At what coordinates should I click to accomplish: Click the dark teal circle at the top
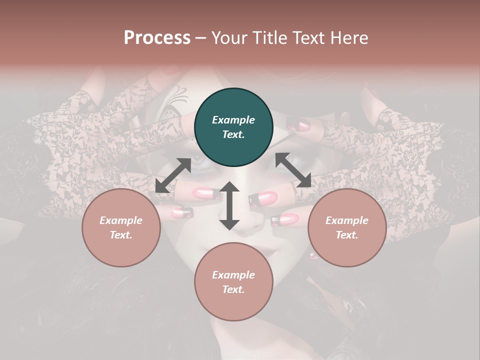click(233, 127)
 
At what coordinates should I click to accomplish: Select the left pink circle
click(121, 227)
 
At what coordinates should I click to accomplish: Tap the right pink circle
click(347, 227)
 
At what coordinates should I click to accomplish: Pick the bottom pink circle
click(233, 282)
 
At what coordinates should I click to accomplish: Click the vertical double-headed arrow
click(229, 205)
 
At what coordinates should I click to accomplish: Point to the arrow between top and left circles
click(173, 175)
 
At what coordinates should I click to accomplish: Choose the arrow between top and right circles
click(293, 170)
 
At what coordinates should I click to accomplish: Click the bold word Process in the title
click(157, 37)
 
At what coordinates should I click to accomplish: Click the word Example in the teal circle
click(233, 120)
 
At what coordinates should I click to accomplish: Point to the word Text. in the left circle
click(121, 235)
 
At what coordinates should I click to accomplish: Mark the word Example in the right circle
click(347, 220)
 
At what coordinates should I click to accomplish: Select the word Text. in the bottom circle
click(233, 289)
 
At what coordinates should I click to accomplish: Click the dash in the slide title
click(201, 38)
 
